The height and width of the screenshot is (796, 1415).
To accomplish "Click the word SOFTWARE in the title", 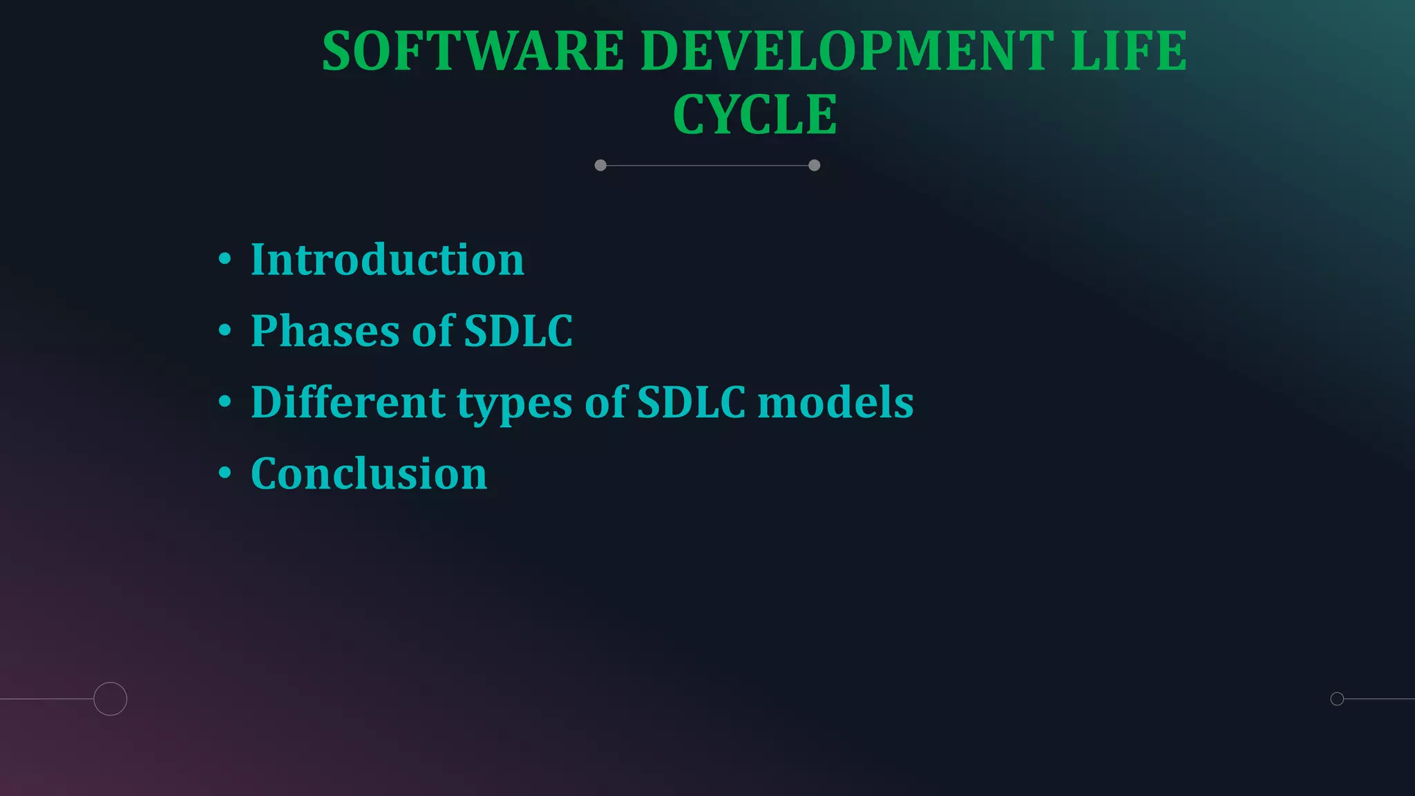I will (473, 51).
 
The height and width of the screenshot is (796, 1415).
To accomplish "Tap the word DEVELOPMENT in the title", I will (847, 51).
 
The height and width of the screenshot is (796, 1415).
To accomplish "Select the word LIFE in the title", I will (1129, 51).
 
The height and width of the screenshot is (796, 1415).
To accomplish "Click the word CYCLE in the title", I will (754, 115).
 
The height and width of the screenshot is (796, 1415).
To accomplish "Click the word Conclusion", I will (369, 474).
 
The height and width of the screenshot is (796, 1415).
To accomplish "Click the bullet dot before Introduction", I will (225, 259).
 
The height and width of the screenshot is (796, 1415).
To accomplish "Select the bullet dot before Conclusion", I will (225, 473).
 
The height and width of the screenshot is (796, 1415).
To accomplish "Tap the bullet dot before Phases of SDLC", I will (225, 330).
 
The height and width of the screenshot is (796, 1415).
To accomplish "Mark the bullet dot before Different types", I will (225, 401).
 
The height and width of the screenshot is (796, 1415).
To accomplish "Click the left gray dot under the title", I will (600, 165).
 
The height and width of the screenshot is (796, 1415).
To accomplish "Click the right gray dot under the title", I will (814, 165).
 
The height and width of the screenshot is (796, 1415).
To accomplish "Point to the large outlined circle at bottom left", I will (111, 699).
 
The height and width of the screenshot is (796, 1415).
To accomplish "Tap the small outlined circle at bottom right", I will (1337, 699).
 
